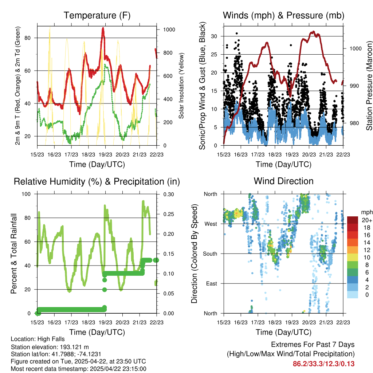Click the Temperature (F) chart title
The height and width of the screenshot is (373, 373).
tap(97, 15)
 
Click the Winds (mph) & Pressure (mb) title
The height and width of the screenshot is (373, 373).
tap(283, 15)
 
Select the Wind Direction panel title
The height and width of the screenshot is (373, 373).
tap(283, 181)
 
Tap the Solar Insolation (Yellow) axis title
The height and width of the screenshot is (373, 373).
tap(181, 86)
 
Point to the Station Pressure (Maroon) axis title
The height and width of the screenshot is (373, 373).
tap(369, 86)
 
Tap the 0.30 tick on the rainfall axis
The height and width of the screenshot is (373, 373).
tap(169, 194)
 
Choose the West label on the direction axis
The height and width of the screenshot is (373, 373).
tap(210, 224)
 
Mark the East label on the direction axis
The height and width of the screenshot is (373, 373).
tap(211, 283)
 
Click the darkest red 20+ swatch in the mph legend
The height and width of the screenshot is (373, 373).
tap(353, 220)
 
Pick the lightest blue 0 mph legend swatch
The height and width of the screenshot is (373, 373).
tap(353, 294)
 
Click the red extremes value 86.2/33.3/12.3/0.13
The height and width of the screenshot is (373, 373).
tap(323, 364)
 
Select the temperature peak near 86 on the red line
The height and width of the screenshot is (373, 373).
tap(103, 28)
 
